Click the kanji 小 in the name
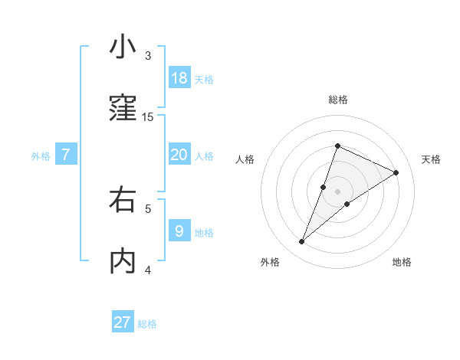coord(123,47)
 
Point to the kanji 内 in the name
coord(123,260)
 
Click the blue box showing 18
coord(179,78)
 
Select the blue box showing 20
coord(179,155)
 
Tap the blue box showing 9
coord(179,231)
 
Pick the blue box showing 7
coord(66,155)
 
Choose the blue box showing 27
coord(123,322)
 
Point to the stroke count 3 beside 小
coord(148,56)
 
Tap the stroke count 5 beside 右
coord(148,208)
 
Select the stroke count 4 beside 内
coord(148,269)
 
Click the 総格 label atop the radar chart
coord(338,100)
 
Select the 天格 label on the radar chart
coord(432,159)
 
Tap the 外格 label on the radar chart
coord(270,262)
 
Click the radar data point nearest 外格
coord(302,242)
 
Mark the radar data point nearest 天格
coord(396,173)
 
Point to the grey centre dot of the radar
coord(338,191)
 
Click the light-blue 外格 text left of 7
coord(41,156)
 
